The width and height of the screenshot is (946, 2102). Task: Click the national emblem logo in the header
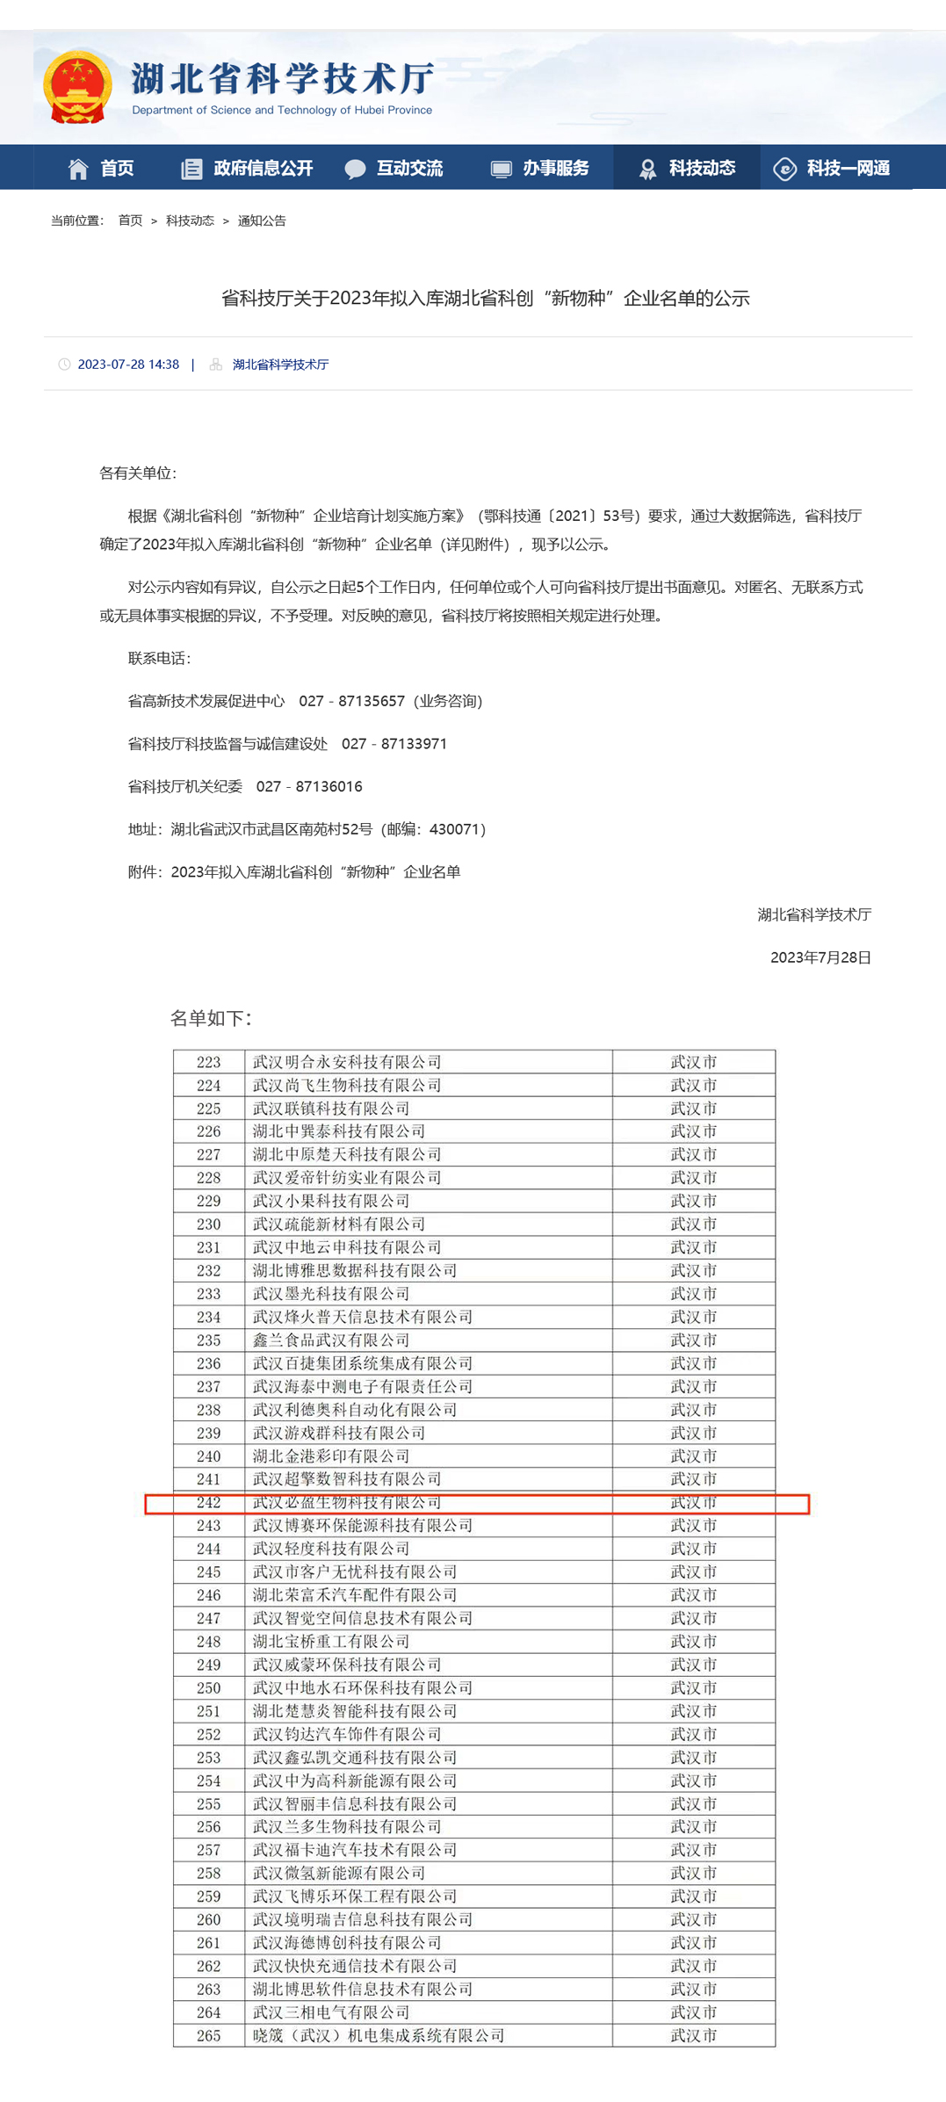click(77, 87)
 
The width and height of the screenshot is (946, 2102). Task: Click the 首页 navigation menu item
click(102, 168)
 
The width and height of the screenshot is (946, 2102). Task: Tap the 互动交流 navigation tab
click(394, 168)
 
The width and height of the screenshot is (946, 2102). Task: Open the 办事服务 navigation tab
click(540, 168)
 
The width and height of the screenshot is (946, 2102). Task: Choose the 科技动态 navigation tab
click(687, 168)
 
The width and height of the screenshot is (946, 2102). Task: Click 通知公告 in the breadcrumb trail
click(262, 220)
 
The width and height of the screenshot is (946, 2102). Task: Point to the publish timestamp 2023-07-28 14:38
click(128, 365)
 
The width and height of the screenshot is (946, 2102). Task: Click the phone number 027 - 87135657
click(351, 701)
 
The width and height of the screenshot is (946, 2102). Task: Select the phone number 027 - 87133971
click(394, 744)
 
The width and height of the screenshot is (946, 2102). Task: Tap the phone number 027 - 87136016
click(309, 786)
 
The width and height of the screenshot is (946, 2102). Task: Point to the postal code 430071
click(453, 829)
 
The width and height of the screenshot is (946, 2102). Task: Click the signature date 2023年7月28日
click(820, 957)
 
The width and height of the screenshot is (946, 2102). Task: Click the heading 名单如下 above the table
click(211, 1018)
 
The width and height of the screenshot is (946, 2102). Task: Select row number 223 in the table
click(209, 1062)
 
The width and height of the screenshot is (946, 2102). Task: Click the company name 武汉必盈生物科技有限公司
click(347, 1503)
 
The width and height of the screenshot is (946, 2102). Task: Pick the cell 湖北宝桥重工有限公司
click(331, 1642)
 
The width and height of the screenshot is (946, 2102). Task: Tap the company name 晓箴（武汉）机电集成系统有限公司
click(379, 2035)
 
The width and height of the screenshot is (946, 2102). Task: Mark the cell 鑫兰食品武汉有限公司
click(331, 1340)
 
